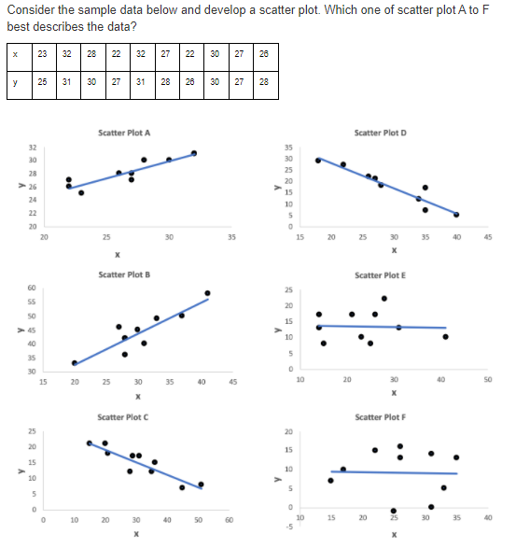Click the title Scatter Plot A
point(124,133)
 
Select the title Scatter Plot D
point(381,133)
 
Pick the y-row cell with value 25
point(43,82)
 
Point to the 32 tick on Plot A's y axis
point(33,148)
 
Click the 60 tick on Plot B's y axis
point(33,289)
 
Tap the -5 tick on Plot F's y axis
point(288,525)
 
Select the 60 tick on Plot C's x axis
point(230,520)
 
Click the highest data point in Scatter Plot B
point(207,293)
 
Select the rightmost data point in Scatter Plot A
point(193,153)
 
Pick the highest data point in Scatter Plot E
point(384,298)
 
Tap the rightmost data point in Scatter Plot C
point(201,485)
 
